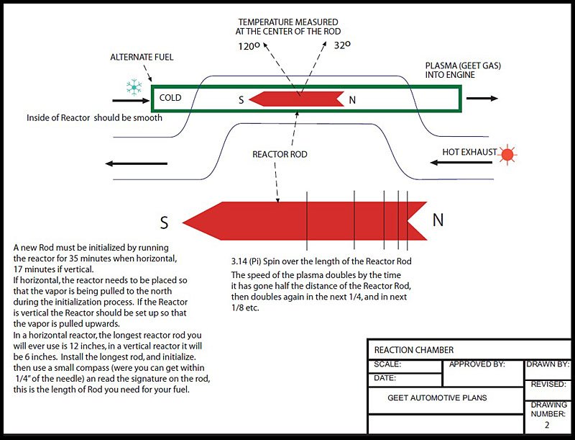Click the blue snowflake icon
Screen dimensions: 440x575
[134, 88]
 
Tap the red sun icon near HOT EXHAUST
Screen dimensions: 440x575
[509, 153]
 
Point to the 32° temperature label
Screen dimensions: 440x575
[342, 44]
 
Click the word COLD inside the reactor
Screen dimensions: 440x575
[170, 98]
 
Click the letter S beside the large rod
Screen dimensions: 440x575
[164, 223]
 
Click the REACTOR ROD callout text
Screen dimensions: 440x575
[280, 154]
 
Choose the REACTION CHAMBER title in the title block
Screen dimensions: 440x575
[414, 350]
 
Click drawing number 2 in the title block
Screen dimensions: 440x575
[547, 425]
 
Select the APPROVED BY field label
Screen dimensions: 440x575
[477, 364]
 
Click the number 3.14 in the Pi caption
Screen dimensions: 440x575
[240, 261]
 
